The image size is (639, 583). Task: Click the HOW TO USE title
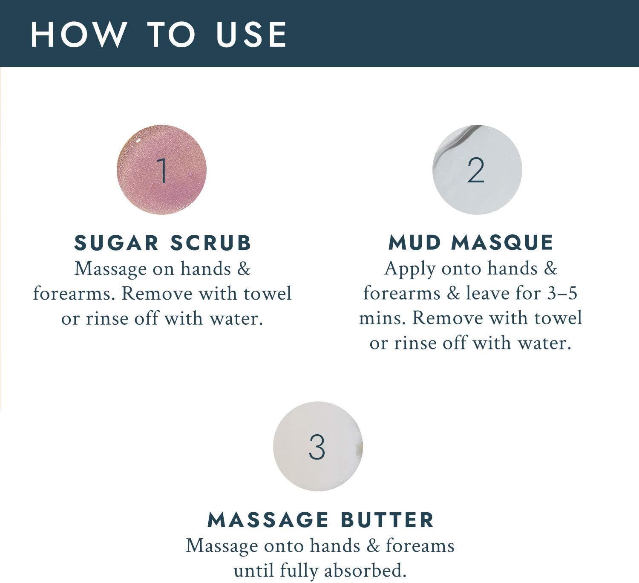pyautogui.click(x=158, y=35)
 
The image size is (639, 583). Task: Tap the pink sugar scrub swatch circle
pyautogui.click(x=161, y=170)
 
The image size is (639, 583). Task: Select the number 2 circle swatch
pyautogui.click(x=477, y=170)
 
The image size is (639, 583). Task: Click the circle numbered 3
pyautogui.click(x=318, y=446)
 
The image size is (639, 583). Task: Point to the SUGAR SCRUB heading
pyautogui.click(x=163, y=242)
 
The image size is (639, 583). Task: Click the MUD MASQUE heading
pyautogui.click(x=471, y=242)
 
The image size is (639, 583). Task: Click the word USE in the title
pyautogui.click(x=251, y=35)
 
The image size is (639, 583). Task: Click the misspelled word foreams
pyautogui.click(x=420, y=545)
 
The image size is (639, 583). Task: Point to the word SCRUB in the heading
pyautogui.click(x=211, y=242)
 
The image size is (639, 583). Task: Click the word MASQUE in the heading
pyautogui.click(x=502, y=243)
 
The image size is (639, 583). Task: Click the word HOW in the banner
pyautogui.click(x=78, y=35)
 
